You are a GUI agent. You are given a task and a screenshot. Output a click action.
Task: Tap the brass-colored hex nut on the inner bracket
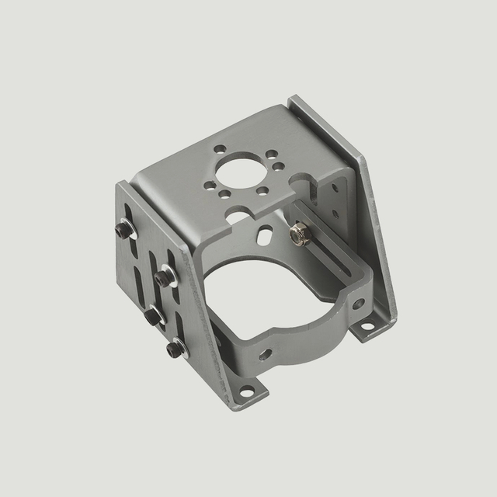click(298, 233)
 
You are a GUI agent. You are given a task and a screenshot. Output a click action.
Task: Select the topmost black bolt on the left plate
click(123, 229)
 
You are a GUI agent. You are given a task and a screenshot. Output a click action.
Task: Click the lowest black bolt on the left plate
click(175, 349)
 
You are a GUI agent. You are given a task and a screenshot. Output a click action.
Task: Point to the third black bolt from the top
click(153, 316)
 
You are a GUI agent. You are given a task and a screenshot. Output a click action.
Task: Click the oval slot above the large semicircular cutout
click(266, 232)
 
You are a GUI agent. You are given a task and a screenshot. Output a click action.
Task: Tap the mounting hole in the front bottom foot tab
click(247, 391)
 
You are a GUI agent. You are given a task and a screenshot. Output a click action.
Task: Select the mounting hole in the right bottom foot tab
click(367, 326)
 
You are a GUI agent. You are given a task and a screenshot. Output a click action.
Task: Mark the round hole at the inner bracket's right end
click(358, 303)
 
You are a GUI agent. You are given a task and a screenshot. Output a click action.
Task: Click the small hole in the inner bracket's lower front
click(266, 354)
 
